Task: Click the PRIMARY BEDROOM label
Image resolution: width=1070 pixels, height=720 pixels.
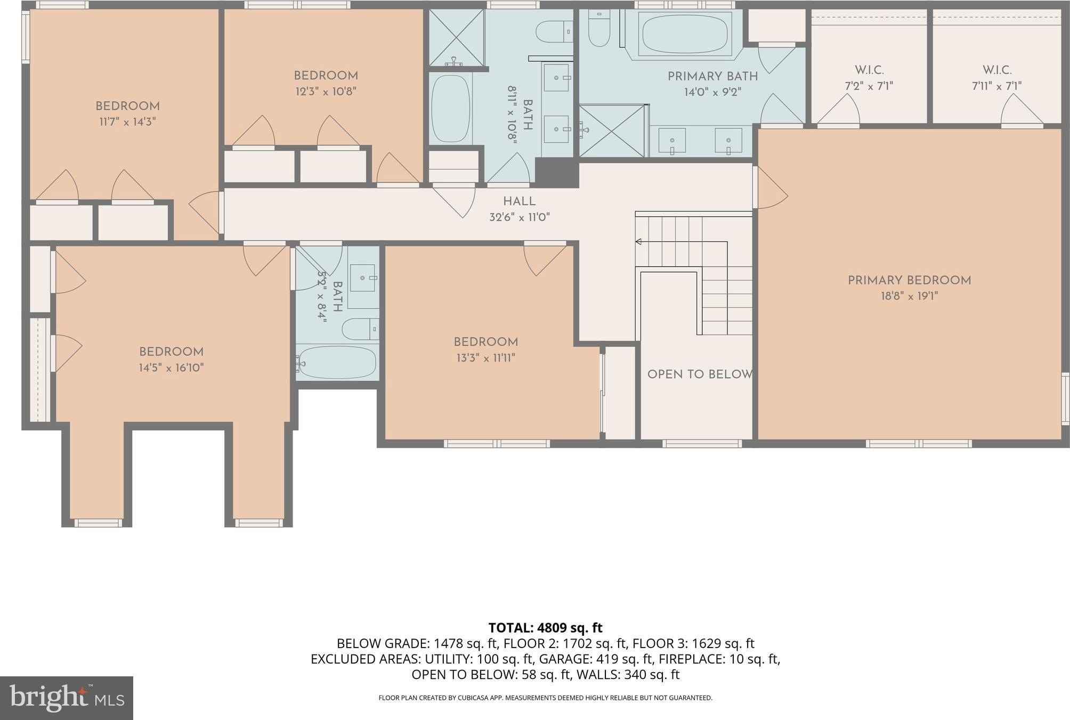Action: (x=909, y=280)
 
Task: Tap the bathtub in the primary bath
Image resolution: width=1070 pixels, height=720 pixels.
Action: (x=684, y=34)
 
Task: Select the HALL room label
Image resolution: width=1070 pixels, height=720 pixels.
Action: (x=519, y=201)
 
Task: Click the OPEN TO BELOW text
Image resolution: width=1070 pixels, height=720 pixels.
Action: (x=700, y=374)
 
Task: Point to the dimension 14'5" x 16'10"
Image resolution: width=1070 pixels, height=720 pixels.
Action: (x=172, y=367)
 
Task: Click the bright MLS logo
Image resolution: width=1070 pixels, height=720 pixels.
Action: (x=67, y=698)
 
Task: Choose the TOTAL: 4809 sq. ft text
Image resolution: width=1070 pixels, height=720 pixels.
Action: (x=545, y=628)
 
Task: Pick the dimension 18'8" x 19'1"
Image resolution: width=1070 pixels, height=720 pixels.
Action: (x=909, y=296)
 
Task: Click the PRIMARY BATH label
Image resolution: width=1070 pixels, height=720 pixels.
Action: (x=712, y=76)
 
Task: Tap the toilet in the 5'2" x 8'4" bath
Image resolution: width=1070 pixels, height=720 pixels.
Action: (x=360, y=329)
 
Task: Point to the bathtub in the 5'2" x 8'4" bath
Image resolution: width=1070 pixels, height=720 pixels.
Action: (x=337, y=362)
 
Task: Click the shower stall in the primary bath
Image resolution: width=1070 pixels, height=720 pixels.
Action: (x=613, y=130)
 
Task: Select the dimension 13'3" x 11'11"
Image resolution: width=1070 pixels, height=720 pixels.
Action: (x=486, y=358)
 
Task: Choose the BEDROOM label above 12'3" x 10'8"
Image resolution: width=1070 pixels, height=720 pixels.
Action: (x=326, y=76)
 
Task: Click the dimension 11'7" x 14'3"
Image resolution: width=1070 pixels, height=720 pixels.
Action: (x=127, y=122)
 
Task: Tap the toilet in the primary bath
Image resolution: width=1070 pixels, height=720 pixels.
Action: (x=599, y=29)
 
